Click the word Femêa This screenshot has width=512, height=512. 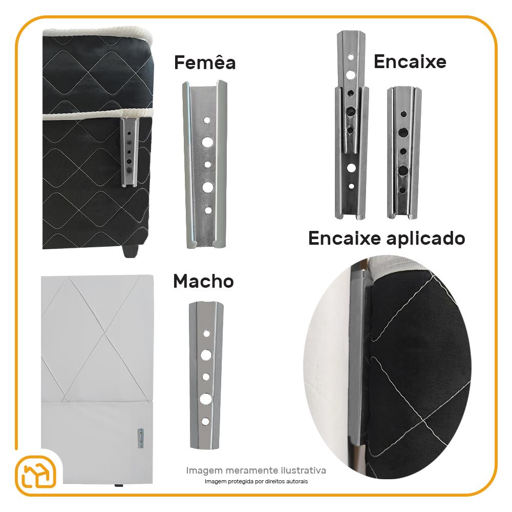(205, 62)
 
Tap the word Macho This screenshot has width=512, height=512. (203, 281)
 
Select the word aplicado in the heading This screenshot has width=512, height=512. (426, 239)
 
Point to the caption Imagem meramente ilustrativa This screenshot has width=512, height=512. (256, 470)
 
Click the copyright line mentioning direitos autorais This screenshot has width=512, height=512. (256, 481)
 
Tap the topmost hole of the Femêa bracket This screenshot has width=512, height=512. (207, 120)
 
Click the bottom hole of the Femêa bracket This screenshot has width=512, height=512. (208, 210)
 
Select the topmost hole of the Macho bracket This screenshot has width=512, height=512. (206, 333)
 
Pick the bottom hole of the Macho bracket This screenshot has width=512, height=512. (205, 421)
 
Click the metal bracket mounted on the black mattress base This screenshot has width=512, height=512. (130, 152)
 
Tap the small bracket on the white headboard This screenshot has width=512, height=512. (140, 438)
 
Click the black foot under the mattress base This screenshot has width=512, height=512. (131, 251)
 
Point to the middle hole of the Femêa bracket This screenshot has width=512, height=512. (208, 164)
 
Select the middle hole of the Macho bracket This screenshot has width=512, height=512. (206, 377)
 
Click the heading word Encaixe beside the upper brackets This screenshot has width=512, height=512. (410, 62)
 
